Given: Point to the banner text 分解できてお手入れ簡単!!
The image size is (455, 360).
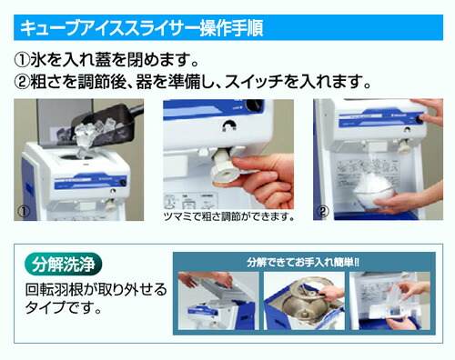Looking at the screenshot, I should click(301, 262).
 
